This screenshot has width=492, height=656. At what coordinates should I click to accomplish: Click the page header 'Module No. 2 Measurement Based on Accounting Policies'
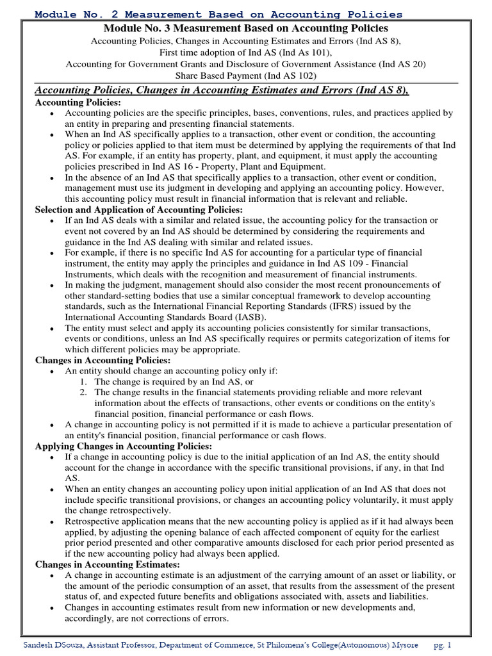click(218, 13)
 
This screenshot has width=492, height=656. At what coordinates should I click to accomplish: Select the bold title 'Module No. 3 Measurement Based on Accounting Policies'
click(245, 29)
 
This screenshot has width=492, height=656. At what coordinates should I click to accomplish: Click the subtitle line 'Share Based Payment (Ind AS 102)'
click(245, 75)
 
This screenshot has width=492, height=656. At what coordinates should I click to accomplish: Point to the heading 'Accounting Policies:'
click(78, 102)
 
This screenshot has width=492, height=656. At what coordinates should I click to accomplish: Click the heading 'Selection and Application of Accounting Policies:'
click(139, 209)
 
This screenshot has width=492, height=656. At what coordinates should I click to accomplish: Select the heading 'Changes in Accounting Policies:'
click(102, 361)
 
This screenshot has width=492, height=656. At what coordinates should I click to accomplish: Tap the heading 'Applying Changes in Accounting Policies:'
click(124, 446)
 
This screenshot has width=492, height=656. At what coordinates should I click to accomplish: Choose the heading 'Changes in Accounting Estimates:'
click(107, 564)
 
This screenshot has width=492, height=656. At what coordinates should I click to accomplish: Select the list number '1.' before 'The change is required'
click(84, 381)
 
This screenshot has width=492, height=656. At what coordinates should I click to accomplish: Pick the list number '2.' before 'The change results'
click(84, 392)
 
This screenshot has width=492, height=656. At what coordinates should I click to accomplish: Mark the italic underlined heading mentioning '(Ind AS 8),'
click(222, 90)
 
